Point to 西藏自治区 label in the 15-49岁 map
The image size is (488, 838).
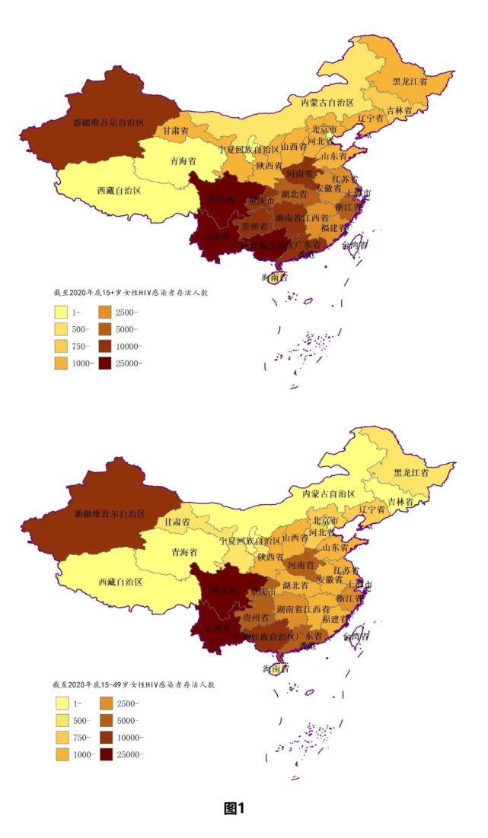(120, 582)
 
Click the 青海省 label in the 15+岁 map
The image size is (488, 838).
(183, 161)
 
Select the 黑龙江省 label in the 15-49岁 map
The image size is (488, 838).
(410, 472)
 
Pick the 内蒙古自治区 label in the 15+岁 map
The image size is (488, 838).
(327, 102)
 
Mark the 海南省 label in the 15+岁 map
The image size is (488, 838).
(275, 278)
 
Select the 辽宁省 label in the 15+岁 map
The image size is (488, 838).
(372, 119)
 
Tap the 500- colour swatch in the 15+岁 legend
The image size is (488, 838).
(62, 329)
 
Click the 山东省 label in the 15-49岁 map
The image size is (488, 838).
(333, 548)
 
